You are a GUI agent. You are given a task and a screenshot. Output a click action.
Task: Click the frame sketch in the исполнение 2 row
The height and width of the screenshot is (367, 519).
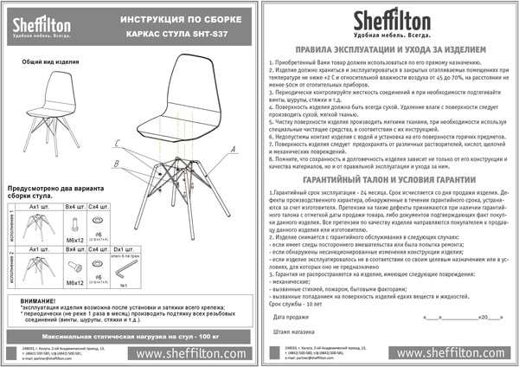pos(40,273)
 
